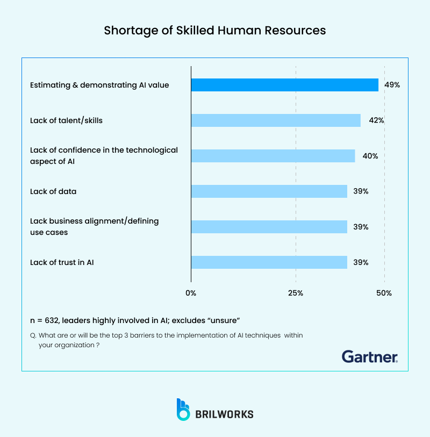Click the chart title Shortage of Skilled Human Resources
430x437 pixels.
coord(215,31)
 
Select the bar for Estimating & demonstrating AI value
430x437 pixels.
coord(285,85)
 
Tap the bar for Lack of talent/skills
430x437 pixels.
coord(276,120)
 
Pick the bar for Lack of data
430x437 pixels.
coord(269,191)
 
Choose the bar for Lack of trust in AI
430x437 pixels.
coord(269,262)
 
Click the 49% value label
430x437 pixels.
coord(392,85)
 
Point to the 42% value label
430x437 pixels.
coord(376,120)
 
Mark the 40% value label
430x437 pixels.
coord(371,156)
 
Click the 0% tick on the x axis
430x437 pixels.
coord(191,293)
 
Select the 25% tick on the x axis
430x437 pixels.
coord(296,293)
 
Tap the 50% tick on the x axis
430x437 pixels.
coord(384,293)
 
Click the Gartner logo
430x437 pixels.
coord(370,356)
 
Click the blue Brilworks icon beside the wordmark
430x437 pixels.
coord(183,410)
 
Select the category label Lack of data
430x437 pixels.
coord(53,191)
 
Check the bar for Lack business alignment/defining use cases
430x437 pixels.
coord(269,227)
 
